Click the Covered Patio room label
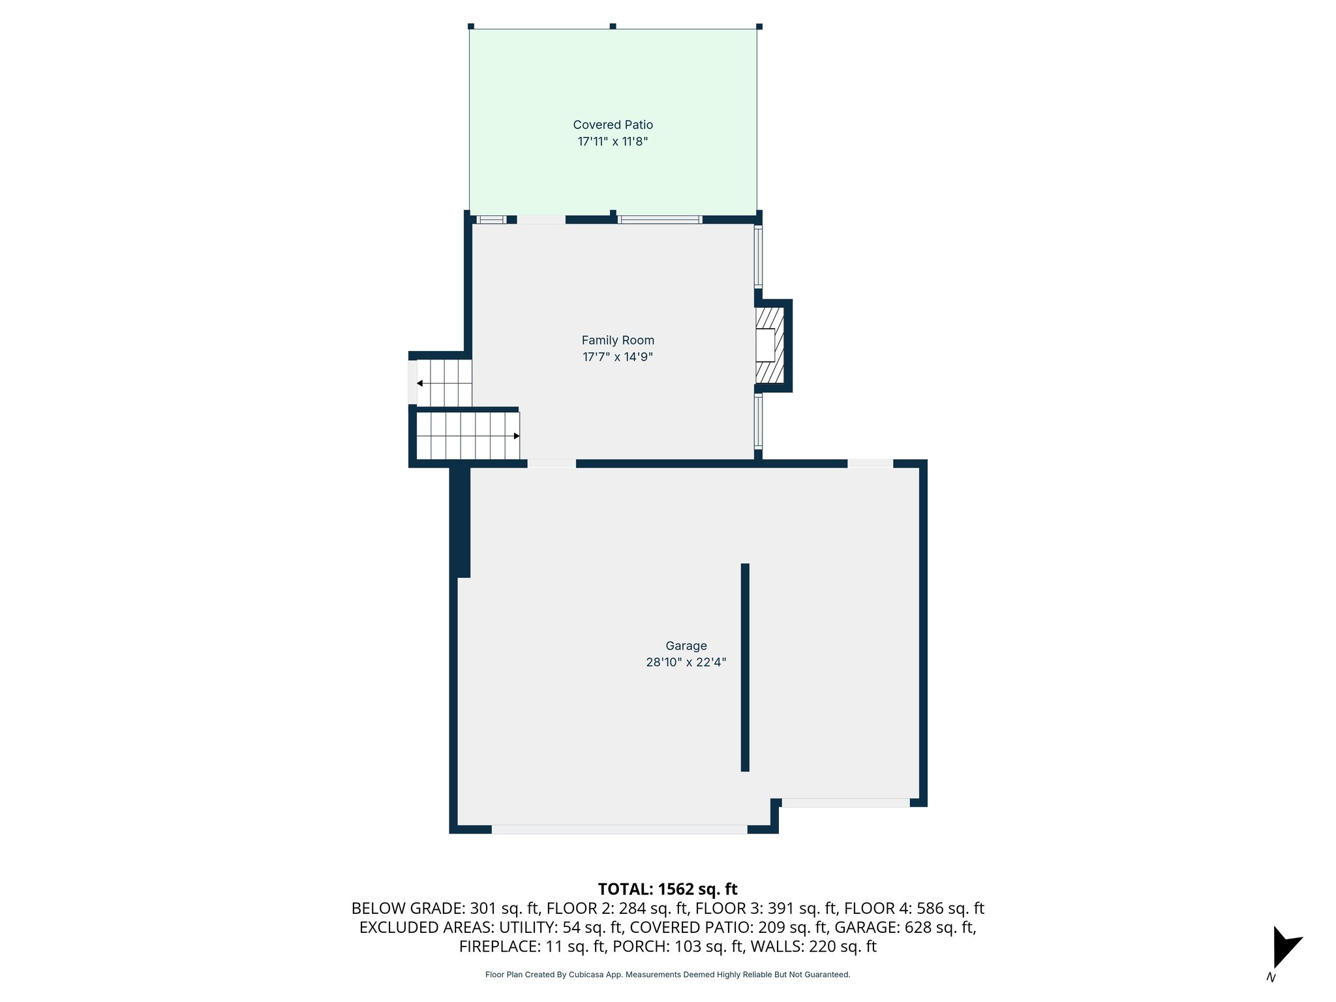613,125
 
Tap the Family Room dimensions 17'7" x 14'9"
617,357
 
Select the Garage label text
686,646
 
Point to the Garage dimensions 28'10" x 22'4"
686,662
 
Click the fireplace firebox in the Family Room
765,345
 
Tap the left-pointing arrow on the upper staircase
419,383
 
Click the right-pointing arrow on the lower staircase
516,436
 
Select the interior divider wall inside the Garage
745,667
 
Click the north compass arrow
1284,947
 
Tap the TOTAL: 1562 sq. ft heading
667,889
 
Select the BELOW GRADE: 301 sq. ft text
445,908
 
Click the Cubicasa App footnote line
667,975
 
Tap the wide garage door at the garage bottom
619,829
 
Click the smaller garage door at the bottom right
845,802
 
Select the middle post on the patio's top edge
613,26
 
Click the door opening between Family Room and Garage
551,464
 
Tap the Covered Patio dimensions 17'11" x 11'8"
613,142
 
